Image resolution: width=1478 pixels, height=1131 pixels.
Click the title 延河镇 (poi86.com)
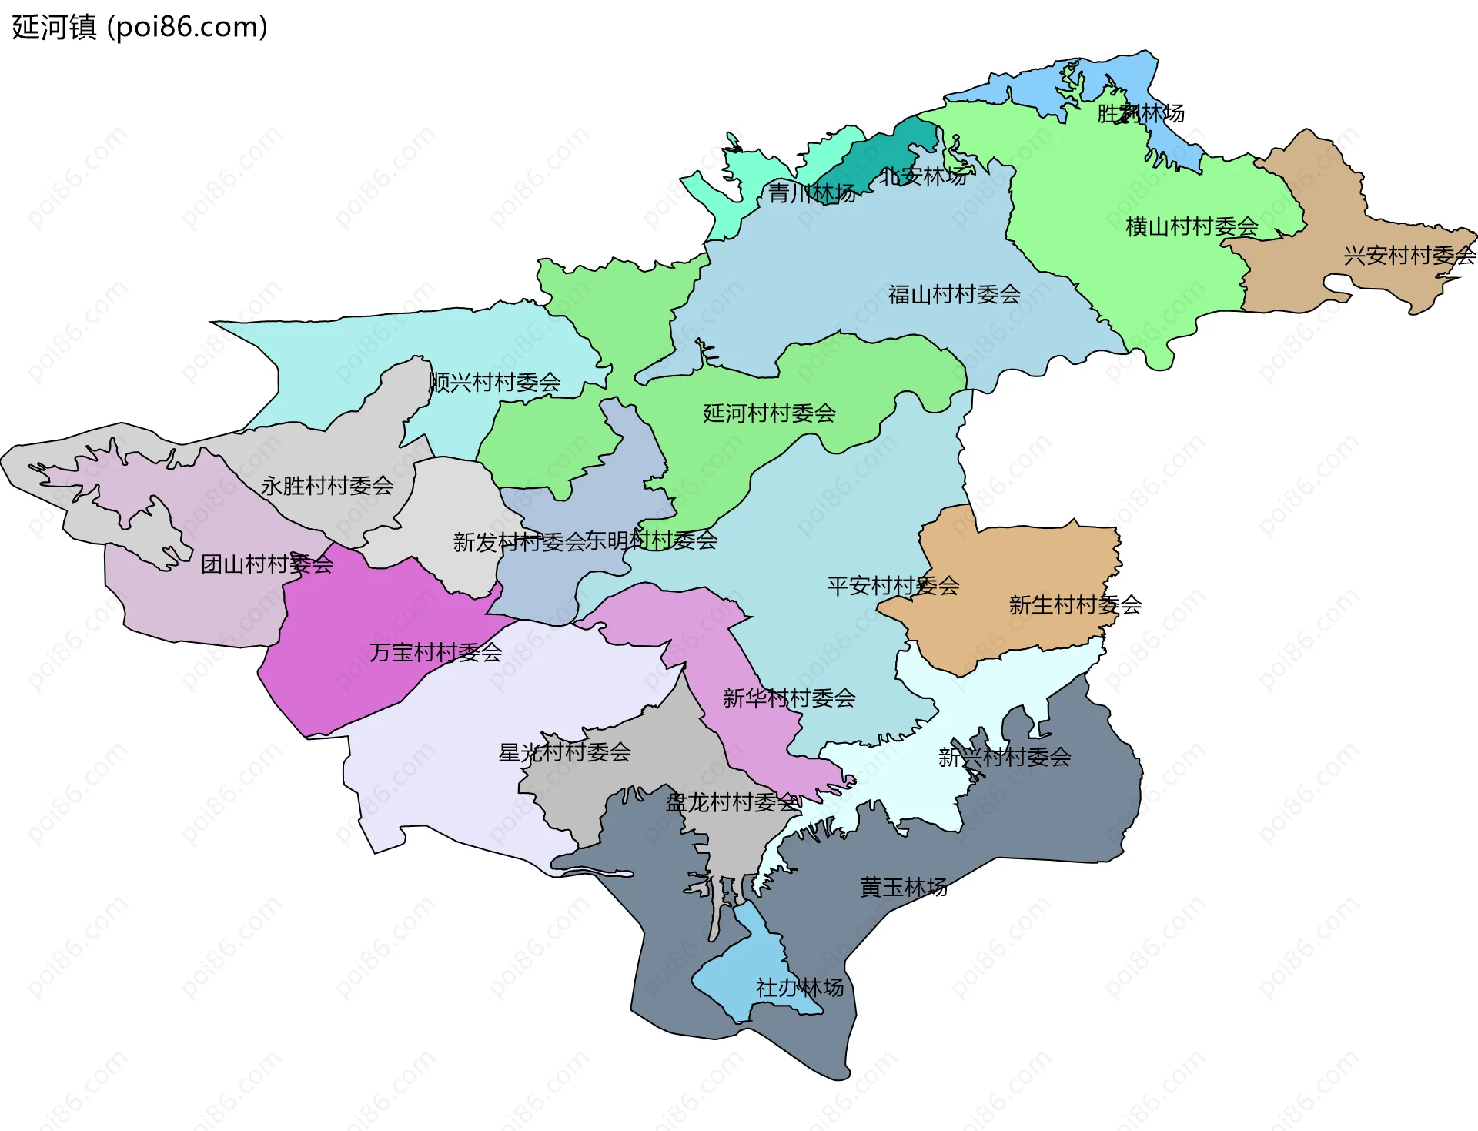(x=139, y=27)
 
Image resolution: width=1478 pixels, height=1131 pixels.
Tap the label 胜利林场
(x=1140, y=113)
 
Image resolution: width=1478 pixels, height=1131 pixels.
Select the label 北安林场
(x=923, y=176)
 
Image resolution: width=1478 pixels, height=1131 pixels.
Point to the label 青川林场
(x=812, y=193)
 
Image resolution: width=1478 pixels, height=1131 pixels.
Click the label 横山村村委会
(x=1192, y=226)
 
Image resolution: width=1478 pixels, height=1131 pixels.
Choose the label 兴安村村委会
(x=1409, y=255)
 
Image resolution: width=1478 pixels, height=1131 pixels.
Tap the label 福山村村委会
(x=954, y=294)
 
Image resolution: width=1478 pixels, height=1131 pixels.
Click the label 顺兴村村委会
(x=494, y=382)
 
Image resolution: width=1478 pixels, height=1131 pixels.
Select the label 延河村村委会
(x=769, y=413)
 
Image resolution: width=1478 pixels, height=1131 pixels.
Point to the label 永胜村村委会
(x=327, y=486)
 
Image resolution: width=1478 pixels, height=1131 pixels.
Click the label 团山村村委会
(x=267, y=564)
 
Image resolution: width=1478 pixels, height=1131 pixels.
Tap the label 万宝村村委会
(x=436, y=653)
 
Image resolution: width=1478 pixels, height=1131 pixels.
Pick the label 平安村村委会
(x=893, y=586)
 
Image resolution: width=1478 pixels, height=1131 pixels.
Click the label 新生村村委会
(x=1075, y=605)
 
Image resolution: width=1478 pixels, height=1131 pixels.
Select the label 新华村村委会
(x=789, y=698)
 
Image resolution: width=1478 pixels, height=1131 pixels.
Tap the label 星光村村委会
(x=564, y=752)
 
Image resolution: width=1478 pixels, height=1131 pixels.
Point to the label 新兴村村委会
(x=1004, y=758)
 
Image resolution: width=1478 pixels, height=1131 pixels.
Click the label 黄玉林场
(x=903, y=888)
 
